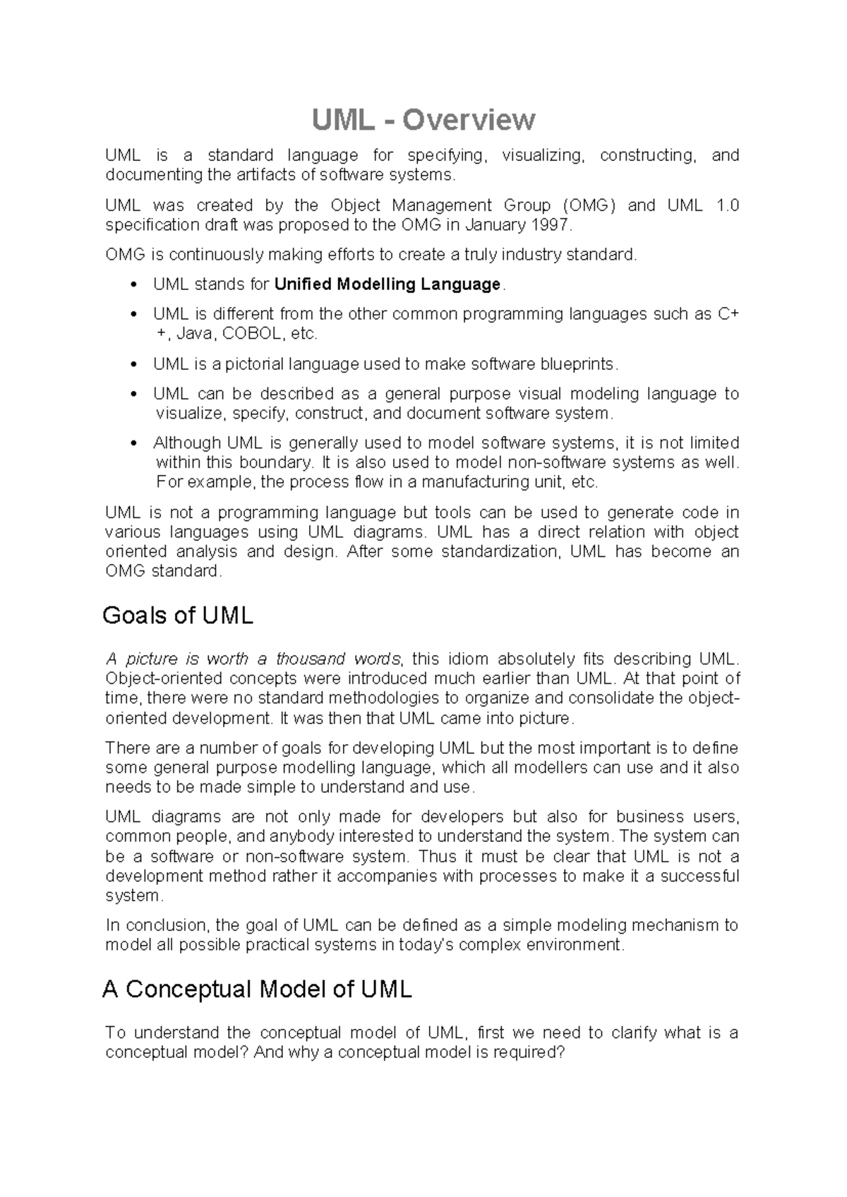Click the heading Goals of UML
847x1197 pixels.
tap(178, 615)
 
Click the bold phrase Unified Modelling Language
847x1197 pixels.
tap(387, 284)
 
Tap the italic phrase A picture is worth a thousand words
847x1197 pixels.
tap(253, 659)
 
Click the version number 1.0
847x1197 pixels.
tap(727, 205)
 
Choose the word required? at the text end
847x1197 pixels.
tap(530, 1052)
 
